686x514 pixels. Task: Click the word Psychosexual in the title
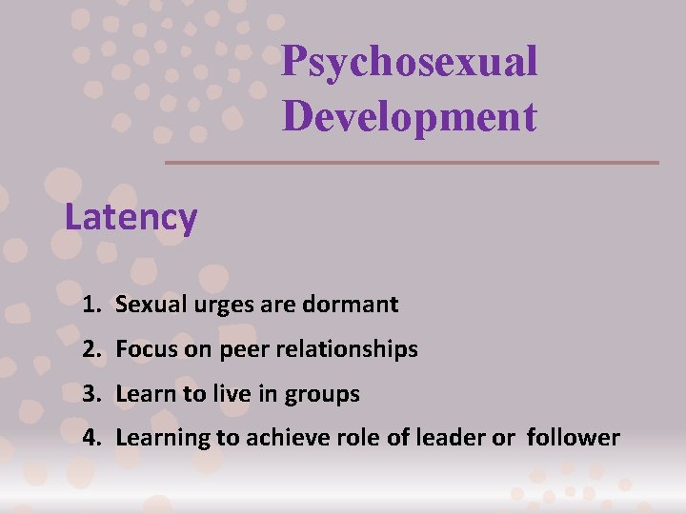[410, 63]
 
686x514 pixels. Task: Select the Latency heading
[131, 218]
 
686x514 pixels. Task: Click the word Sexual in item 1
[147, 306]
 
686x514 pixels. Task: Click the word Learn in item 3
[143, 393]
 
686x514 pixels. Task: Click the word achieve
[283, 438]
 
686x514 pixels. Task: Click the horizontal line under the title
[412, 162]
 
